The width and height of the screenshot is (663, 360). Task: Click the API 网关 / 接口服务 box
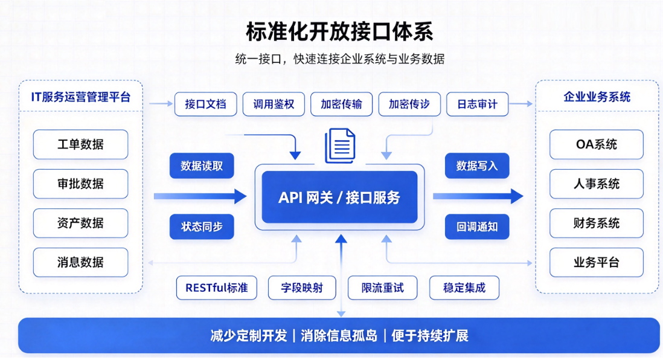339,197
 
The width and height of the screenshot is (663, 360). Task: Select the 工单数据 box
80,144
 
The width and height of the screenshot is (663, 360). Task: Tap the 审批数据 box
80,184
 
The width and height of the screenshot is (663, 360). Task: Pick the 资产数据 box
80,223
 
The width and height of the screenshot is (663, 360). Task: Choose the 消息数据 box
80,262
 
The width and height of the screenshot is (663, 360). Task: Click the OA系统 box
596,144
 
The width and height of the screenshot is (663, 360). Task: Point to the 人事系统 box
596,184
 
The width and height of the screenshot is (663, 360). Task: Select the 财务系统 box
596,223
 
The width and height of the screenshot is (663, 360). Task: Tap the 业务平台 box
596,262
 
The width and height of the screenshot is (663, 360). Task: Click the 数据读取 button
202,166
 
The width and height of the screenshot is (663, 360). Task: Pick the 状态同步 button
202,227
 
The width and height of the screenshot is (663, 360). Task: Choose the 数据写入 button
477,166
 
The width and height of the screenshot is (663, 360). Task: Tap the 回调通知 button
477,227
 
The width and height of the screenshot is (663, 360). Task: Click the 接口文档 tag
205,104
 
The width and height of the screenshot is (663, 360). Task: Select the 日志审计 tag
478,104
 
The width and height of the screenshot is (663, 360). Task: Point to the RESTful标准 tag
217,288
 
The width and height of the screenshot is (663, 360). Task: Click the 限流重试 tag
382,288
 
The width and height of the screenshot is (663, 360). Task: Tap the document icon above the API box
340,146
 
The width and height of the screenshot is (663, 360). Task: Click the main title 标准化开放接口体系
339,32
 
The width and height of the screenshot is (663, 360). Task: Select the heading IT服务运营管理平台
81,97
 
